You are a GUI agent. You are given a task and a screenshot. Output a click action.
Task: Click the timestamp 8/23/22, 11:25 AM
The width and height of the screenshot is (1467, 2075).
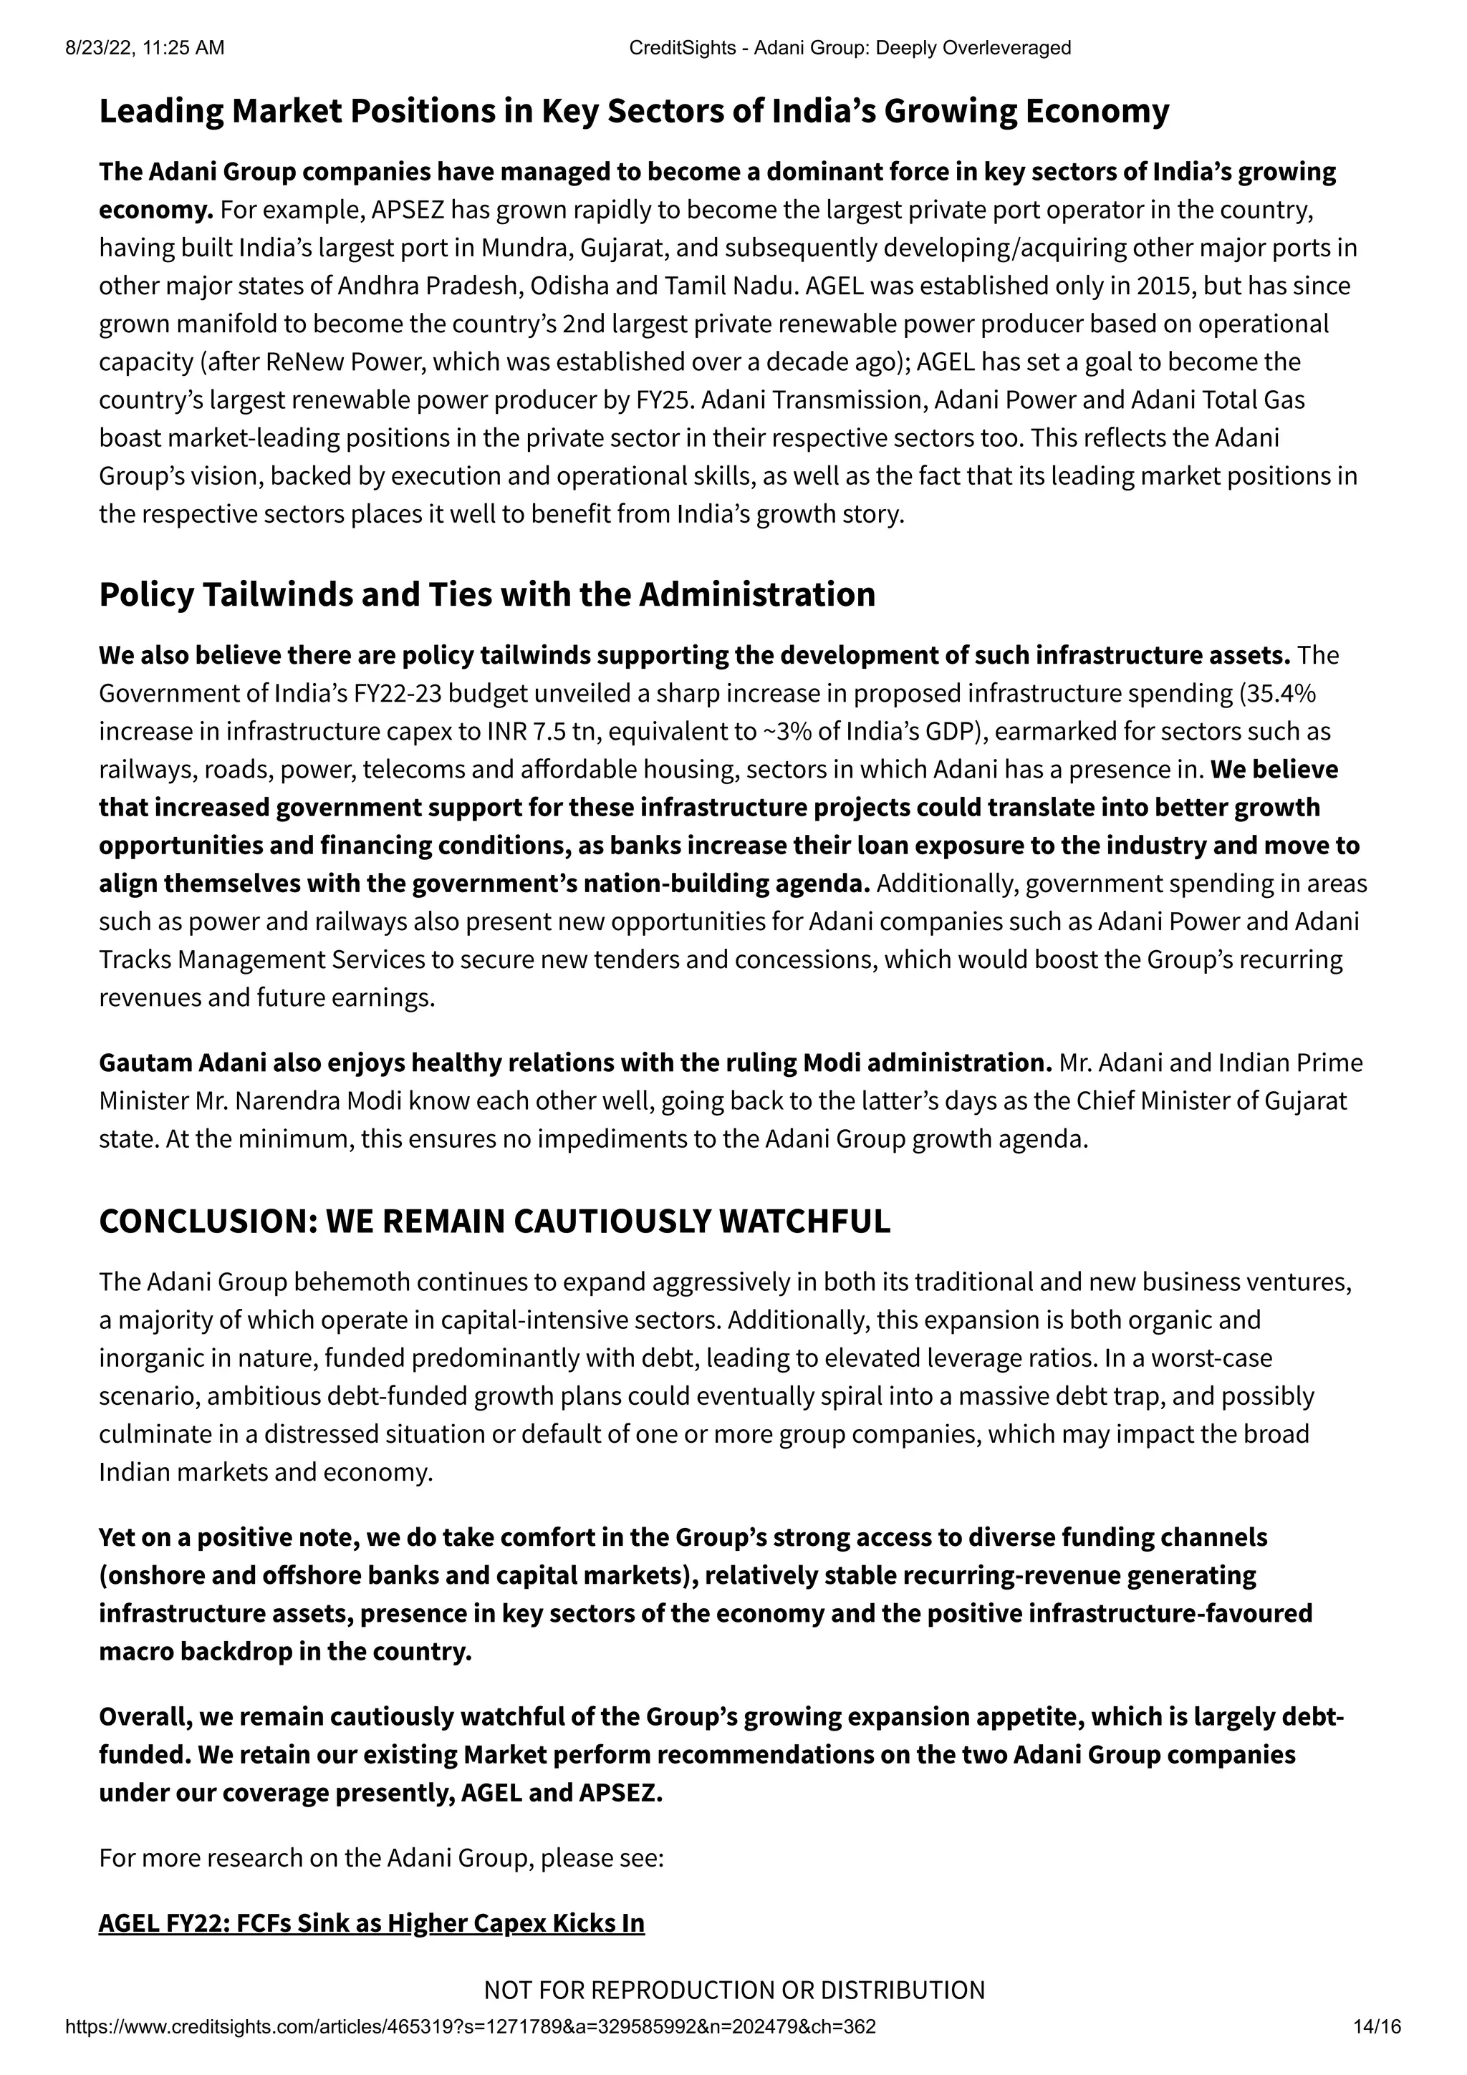click(145, 48)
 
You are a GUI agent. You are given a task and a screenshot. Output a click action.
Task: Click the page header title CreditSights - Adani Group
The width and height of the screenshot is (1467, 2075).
click(849, 48)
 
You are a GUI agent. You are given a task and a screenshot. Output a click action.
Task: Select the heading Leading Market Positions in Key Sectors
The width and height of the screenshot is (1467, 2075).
click(633, 111)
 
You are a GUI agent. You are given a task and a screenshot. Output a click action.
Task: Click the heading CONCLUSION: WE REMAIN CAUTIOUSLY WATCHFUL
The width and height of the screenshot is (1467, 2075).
click(494, 1221)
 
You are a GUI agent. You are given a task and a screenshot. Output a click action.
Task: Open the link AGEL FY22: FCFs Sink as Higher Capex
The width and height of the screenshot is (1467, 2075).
click(372, 1923)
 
